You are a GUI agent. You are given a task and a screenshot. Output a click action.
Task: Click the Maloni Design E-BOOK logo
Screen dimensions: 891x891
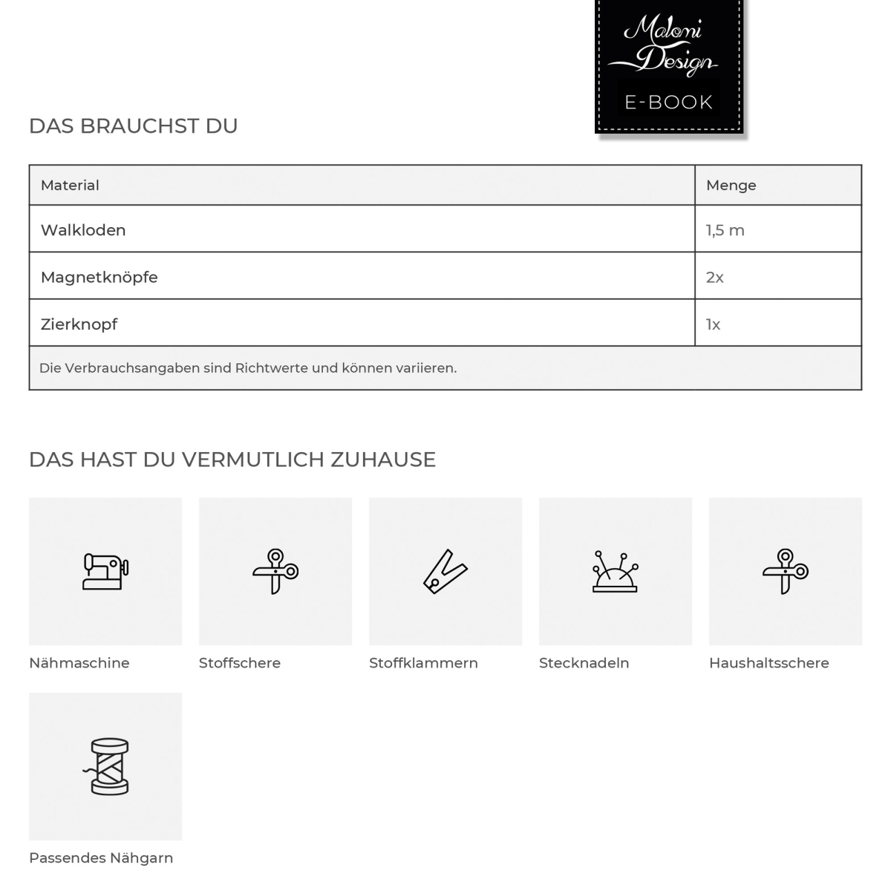click(669, 67)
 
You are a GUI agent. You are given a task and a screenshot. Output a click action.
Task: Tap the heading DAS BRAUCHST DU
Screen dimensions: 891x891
click(134, 126)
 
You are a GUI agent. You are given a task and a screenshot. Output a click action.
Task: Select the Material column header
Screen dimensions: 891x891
click(70, 185)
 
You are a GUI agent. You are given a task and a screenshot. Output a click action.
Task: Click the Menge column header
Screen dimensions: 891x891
click(731, 185)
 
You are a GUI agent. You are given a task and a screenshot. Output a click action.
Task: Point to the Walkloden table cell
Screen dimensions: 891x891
click(83, 230)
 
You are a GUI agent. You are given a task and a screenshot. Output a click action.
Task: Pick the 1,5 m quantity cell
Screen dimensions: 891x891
click(725, 230)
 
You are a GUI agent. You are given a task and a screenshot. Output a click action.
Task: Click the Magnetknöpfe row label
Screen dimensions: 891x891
click(99, 277)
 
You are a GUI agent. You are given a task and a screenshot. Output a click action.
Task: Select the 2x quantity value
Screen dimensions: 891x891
click(714, 277)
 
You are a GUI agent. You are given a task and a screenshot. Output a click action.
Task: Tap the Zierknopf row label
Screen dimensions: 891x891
click(79, 324)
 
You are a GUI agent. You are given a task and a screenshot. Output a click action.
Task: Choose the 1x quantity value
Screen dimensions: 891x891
click(713, 324)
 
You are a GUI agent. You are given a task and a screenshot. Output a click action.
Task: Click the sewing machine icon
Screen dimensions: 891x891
click(105, 571)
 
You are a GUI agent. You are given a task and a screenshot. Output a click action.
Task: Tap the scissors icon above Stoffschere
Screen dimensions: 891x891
click(275, 571)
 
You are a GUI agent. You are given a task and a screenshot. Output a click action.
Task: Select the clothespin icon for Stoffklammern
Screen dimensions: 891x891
click(445, 571)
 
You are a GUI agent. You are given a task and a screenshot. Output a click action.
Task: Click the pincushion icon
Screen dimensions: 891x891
click(615, 571)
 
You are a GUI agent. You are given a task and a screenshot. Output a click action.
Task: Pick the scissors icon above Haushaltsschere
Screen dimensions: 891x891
click(786, 571)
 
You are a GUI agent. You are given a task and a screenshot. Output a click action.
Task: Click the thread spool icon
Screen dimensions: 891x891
click(105, 766)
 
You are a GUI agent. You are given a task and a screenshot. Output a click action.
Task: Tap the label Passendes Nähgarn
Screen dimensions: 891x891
click(101, 858)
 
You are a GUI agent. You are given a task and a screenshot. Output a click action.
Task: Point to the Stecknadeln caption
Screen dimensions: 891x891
click(584, 663)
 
